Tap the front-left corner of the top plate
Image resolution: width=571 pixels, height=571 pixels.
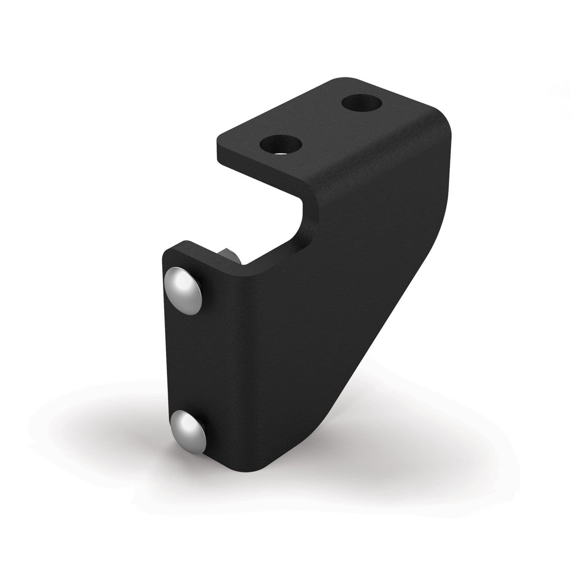[x=219, y=139]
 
